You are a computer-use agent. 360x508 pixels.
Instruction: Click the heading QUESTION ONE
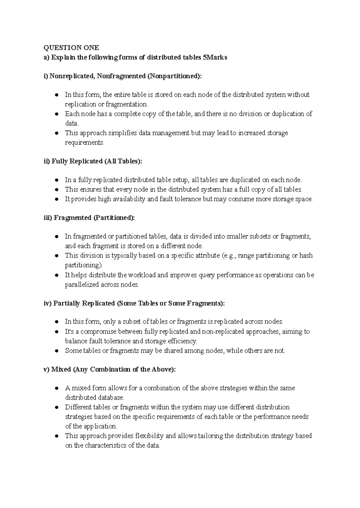pos(71,48)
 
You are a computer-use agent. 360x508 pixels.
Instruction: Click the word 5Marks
pos(215,58)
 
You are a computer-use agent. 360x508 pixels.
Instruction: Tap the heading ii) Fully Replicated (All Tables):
pos(93,161)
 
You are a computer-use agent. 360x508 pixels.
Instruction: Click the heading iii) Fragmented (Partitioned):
pos(89,218)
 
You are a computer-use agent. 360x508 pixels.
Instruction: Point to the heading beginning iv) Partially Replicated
pos(134,303)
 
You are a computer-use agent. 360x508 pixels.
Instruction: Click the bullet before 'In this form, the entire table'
pos(56,95)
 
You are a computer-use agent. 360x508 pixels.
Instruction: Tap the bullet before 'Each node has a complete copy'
pos(56,114)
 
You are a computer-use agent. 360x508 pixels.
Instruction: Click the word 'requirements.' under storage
pos(85,143)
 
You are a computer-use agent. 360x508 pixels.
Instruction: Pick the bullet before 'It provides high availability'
pos(56,199)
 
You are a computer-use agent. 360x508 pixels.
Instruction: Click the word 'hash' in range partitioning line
pos(306,256)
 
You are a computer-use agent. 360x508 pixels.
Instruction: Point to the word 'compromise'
pos(98,332)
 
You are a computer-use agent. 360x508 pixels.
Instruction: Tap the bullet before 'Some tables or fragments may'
pos(56,351)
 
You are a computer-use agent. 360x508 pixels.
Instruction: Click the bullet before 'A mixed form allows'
pos(56,388)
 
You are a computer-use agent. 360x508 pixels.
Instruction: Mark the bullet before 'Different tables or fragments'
pos(56,408)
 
